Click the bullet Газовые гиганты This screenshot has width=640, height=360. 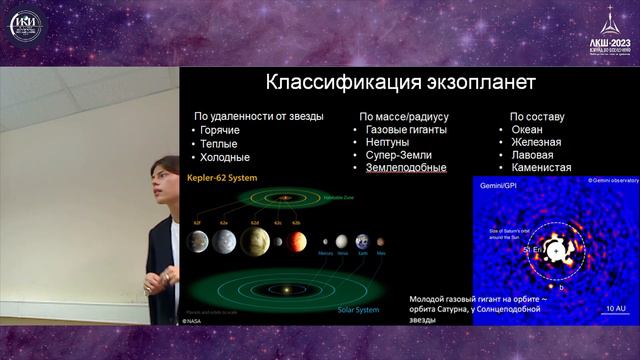406,130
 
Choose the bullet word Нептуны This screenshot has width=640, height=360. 388,143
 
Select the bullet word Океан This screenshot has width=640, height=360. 527,130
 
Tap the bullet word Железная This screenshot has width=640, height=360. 536,143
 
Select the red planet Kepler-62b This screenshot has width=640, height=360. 297,240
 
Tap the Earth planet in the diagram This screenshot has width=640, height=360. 360,241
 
